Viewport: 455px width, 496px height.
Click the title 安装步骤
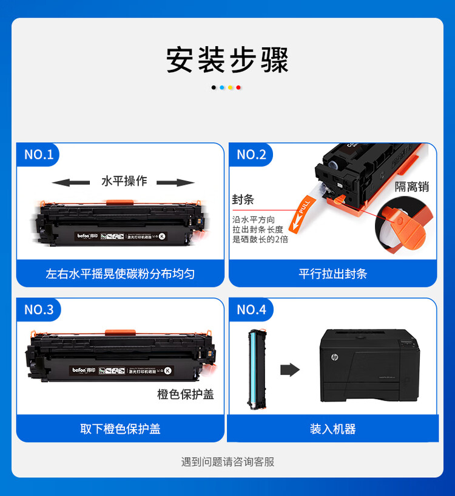[x=227, y=60]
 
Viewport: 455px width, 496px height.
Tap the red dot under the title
[x=238, y=88]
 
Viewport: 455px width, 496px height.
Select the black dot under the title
[x=214, y=88]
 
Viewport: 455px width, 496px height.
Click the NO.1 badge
[x=39, y=154]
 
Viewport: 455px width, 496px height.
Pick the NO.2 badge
[x=251, y=154]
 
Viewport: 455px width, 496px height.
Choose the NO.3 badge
[x=39, y=309]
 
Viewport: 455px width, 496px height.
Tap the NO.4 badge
[x=251, y=309]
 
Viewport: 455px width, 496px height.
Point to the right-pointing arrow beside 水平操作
[x=176, y=182]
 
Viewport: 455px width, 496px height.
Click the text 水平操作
[x=124, y=181]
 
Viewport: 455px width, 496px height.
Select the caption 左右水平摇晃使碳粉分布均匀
[x=120, y=274]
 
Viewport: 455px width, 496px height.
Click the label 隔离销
[x=412, y=187]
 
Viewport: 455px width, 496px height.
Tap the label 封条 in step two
[x=243, y=199]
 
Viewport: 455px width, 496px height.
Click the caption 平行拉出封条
[x=332, y=274]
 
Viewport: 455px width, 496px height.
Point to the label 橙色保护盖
[x=186, y=394]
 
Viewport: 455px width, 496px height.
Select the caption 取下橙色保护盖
[x=120, y=429]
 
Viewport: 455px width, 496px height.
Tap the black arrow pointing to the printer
[x=291, y=370]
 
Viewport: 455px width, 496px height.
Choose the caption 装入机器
[x=332, y=429]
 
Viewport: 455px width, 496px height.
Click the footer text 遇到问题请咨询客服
[x=227, y=462]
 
